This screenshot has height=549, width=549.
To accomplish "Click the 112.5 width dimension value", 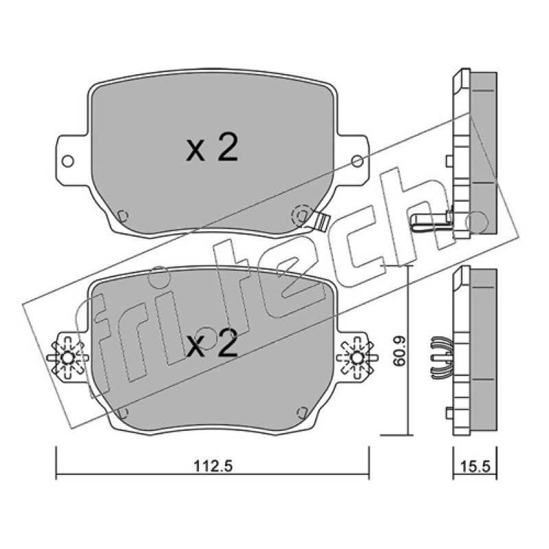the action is pos(213,467).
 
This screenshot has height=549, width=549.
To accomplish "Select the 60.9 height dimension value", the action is pos(399,351).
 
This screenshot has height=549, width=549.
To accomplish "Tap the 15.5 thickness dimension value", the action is pos(476,467).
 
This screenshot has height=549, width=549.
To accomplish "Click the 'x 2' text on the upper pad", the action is pos(212,147).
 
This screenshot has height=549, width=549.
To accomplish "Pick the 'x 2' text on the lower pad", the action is pos(212,343).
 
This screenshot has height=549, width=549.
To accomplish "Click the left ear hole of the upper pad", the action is pos(67,161).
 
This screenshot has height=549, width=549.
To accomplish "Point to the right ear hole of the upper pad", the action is pos(357,161).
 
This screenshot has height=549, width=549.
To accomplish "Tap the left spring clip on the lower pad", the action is pos(67,358).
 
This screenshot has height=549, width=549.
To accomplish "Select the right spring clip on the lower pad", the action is pos(357,358).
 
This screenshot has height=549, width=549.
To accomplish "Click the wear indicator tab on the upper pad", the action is pos(321,220).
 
